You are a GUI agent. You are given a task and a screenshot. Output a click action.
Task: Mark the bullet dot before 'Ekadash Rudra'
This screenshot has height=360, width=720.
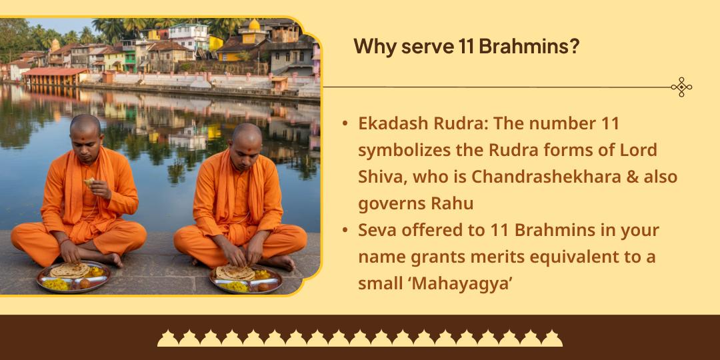click(345, 125)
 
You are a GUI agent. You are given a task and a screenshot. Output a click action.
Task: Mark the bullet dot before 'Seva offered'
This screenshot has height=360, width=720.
click(345, 231)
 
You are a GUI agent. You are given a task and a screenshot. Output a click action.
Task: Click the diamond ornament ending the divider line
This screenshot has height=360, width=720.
click(681, 87)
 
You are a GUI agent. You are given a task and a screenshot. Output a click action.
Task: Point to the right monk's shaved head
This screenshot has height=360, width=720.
click(247, 137)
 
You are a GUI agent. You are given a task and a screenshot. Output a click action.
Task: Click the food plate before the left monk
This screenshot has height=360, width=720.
click(74, 276)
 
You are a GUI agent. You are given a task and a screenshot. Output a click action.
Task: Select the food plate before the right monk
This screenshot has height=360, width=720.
click(245, 279)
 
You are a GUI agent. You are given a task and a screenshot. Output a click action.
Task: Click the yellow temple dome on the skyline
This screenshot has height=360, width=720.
click(254, 25)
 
